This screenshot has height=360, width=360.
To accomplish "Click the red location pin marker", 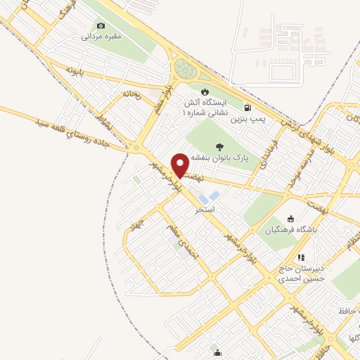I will [x=180, y=165].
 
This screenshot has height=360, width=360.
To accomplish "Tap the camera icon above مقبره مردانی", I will [x=101, y=25].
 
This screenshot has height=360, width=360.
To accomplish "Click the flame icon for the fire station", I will [x=205, y=91].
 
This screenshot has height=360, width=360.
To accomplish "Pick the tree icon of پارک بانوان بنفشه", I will [x=221, y=148].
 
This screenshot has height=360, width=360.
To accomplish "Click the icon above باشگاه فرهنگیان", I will [x=292, y=218].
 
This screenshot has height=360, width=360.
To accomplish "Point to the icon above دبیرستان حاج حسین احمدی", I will [x=301, y=258].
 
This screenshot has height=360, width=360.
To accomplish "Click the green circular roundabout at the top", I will [x=186, y=69].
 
